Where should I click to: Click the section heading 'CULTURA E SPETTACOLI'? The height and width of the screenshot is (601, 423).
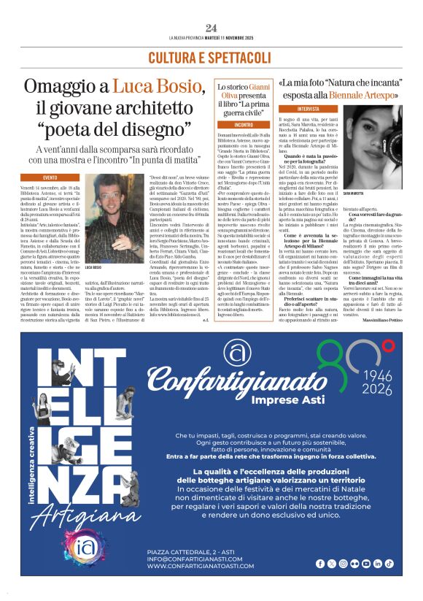(x=211, y=57)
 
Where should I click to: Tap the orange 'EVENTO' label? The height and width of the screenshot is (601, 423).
(x=50, y=177)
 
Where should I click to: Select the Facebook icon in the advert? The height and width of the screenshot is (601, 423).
(x=320, y=563)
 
